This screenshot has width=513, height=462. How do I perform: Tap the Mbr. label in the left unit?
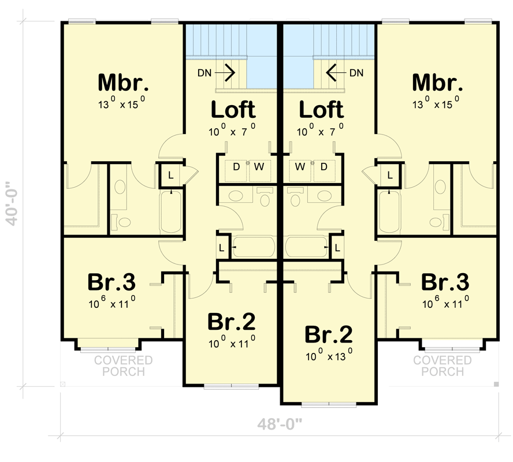[x=123, y=83]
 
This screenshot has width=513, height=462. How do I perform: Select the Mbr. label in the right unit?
[x=437, y=83]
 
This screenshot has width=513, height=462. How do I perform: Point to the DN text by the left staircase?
[x=205, y=73]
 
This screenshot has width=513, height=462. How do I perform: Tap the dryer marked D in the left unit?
[x=236, y=167]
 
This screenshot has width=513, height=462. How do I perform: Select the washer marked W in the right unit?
[x=299, y=167]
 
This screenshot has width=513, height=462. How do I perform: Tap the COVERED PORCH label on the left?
[x=124, y=366]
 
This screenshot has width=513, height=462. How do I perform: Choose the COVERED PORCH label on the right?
[x=443, y=366]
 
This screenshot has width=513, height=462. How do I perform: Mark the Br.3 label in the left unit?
[x=111, y=282]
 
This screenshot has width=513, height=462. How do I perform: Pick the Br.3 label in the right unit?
[x=445, y=282]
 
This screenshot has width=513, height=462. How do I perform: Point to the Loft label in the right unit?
[x=321, y=109]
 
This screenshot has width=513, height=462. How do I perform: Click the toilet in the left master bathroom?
[x=122, y=221]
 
